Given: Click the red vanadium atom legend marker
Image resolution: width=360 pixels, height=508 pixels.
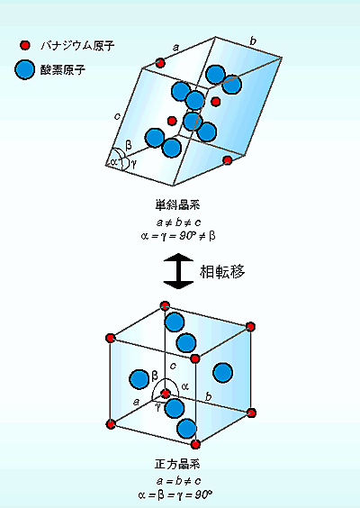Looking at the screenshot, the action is click(24, 45).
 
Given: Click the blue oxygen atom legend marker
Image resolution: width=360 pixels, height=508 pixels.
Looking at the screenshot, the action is click(24, 69).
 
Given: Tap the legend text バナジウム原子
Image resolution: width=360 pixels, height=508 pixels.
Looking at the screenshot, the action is click(77, 45).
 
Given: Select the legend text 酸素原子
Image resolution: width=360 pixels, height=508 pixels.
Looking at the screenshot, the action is click(63, 69).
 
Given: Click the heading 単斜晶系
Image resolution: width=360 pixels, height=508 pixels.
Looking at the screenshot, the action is click(177, 205).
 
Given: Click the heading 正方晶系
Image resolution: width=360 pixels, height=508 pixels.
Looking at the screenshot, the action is click(177, 464).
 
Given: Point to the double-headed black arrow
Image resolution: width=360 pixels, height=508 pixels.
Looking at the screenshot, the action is click(178, 271).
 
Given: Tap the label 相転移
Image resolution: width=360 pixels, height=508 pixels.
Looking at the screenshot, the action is click(222, 271).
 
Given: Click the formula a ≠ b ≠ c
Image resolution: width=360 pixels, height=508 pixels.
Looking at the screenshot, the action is click(178, 222).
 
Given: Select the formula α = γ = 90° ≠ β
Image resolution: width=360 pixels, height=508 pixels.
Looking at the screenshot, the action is click(178, 236).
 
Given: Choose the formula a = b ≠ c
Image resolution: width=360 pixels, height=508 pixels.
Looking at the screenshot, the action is click(178, 481).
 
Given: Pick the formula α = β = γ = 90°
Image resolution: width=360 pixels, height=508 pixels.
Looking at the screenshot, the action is click(175, 494).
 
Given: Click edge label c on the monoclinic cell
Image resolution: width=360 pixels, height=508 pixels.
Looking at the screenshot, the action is click(118, 116).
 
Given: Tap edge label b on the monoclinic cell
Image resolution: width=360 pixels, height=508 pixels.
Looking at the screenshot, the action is click(253, 41).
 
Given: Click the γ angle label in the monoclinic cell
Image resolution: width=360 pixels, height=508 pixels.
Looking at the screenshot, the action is click(133, 164).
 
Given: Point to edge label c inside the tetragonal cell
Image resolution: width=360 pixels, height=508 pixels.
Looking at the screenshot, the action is click(173, 366).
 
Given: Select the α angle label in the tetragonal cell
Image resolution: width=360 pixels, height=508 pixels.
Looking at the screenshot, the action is click(184, 386).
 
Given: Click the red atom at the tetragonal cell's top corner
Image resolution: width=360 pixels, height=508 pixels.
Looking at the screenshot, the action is click(165, 305).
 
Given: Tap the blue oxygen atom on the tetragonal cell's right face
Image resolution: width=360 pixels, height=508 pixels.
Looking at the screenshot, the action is click(223, 373).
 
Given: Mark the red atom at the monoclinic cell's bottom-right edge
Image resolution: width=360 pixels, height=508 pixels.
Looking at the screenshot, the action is click(228, 160).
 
